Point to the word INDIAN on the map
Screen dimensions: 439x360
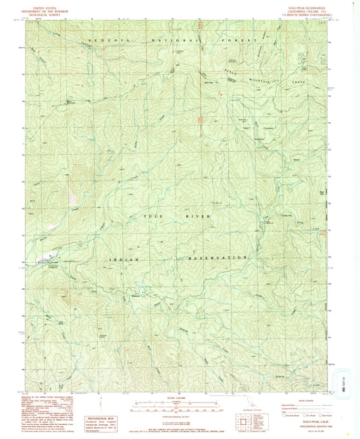(124, 259)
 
